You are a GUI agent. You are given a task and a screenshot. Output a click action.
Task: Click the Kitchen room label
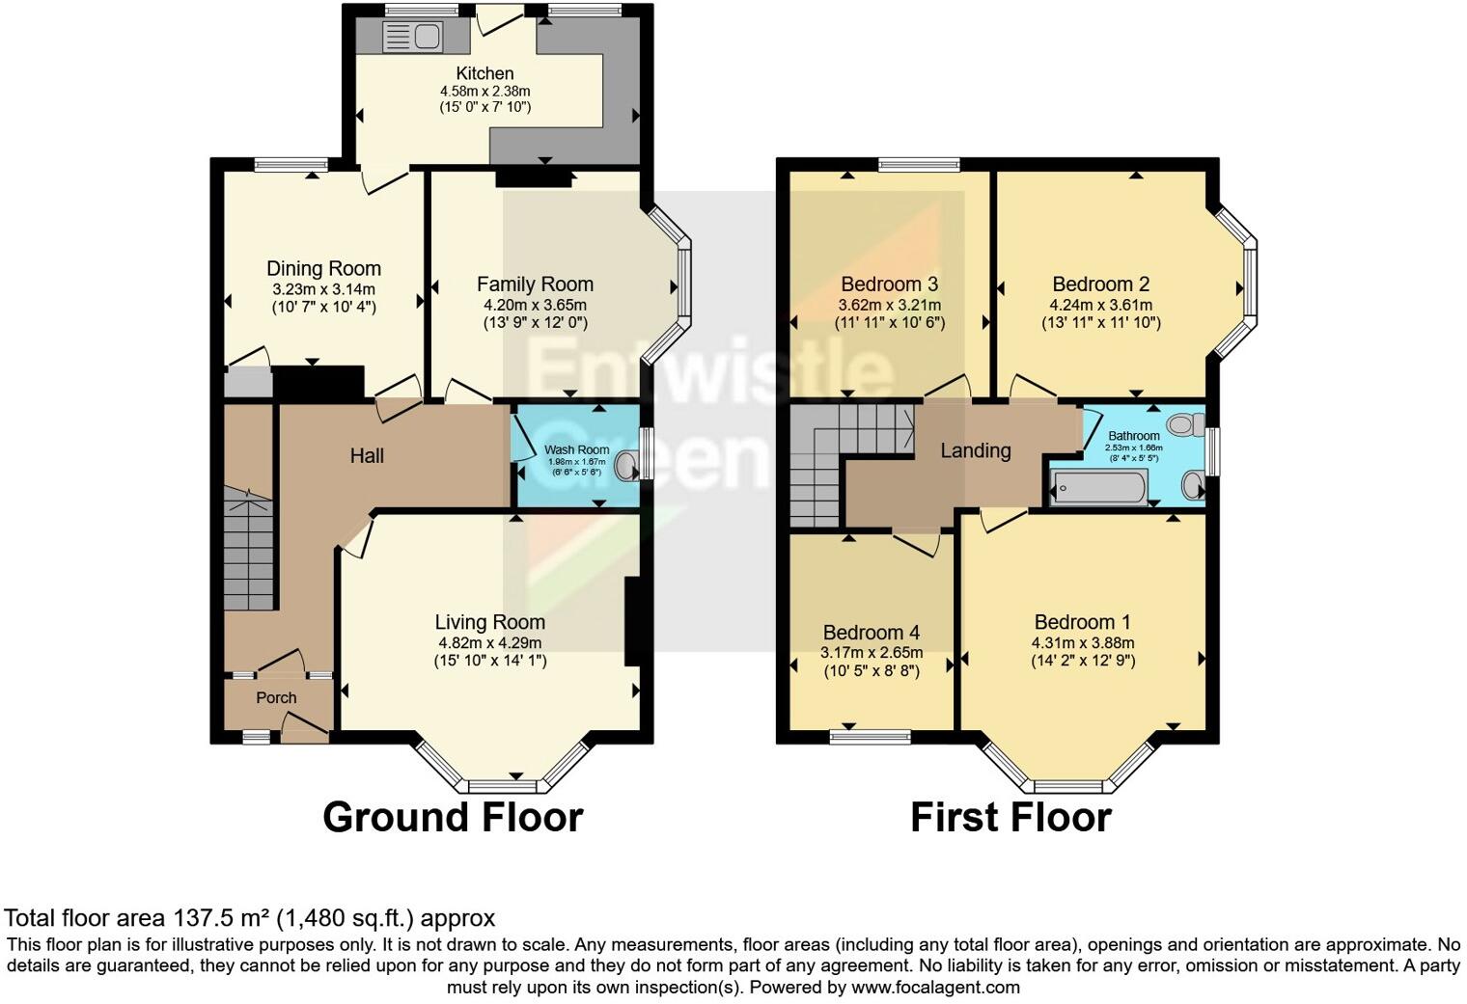(x=484, y=73)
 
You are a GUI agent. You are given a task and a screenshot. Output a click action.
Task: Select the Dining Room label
(x=323, y=269)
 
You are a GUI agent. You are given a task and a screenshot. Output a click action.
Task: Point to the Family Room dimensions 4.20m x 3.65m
(x=535, y=305)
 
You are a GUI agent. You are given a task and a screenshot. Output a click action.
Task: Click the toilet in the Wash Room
(x=628, y=466)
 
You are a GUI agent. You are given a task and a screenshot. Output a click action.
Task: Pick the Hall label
(x=367, y=455)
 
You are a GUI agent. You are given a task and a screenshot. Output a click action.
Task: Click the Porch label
(x=276, y=697)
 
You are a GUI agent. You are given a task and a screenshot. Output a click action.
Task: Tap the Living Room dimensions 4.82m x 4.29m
(x=489, y=643)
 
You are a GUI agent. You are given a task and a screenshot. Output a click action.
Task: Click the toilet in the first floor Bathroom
(x=1184, y=423)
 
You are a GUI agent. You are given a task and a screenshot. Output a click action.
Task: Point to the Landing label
(x=976, y=450)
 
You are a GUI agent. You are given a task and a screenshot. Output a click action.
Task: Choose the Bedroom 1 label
(x=1082, y=622)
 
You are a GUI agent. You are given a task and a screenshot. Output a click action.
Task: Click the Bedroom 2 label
(x=1100, y=285)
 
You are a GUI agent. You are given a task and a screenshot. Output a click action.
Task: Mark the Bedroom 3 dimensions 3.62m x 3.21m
(x=889, y=305)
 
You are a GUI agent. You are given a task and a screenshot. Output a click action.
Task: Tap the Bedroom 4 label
(x=871, y=633)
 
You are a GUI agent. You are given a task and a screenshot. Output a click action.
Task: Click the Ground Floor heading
(x=453, y=817)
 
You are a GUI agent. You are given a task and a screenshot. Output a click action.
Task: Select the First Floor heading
(x=1010, y=817)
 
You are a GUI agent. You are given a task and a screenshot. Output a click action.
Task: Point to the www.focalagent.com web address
(x=935, y=988)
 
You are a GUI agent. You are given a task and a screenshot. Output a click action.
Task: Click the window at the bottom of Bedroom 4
(x=871, y=737)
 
